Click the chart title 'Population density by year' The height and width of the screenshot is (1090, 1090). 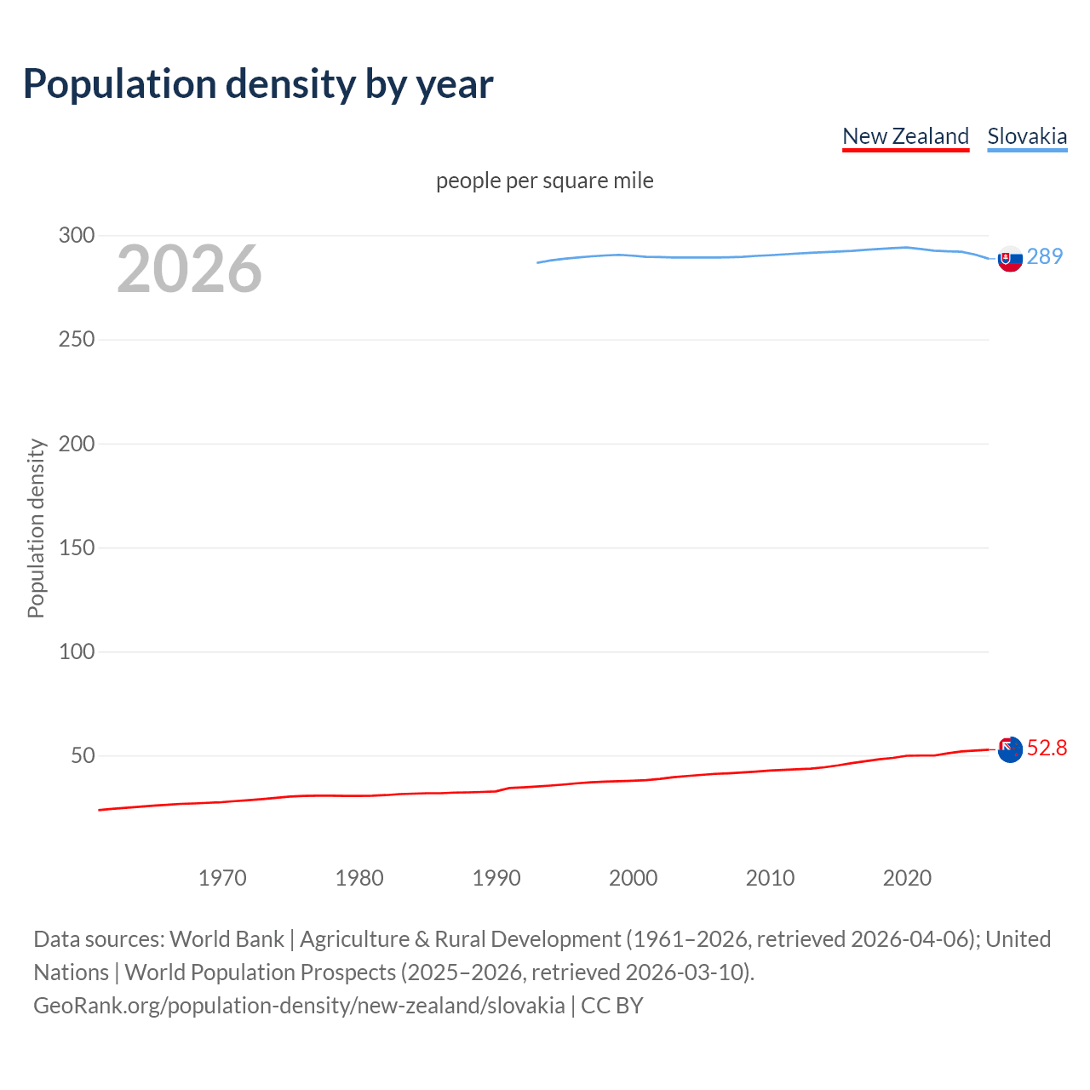coord(258,83)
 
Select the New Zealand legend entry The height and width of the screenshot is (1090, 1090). coord(905,136)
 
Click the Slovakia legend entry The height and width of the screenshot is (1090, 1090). coord(1027,136)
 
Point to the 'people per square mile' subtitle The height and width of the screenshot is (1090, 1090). coord(545,181)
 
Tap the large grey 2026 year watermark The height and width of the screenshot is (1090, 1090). coord(189,269)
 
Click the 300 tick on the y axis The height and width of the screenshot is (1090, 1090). coord(77,235)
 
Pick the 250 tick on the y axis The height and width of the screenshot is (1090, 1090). coord(77,339)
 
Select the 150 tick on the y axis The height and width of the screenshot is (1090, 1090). coord(77,548)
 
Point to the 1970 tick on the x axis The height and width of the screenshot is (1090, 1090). coord(222,878)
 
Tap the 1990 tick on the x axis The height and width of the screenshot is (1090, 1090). coord(496,878)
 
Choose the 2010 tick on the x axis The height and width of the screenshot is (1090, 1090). coord(770,878)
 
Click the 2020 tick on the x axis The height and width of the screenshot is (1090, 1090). coord(907,878)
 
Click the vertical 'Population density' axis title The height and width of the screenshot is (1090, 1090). coord(36,528)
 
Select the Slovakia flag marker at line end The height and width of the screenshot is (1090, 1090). coord(1010,259)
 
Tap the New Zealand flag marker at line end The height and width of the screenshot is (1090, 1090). coord(1010,750)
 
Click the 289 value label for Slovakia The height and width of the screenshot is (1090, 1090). coord(1045,256)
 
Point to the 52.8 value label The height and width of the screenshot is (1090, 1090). coord(1047,748)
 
